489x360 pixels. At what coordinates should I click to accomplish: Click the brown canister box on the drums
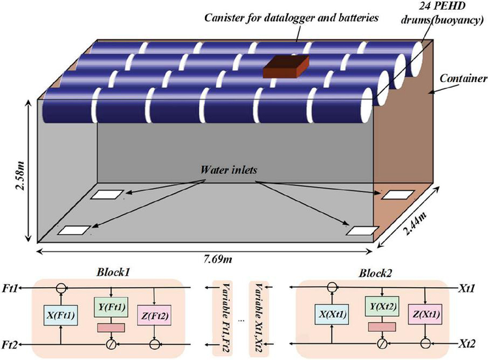click(x=286, y=67)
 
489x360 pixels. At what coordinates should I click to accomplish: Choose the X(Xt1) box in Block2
click(x=333, y=314)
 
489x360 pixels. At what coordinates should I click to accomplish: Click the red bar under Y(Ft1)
click(x=110, y=327)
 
